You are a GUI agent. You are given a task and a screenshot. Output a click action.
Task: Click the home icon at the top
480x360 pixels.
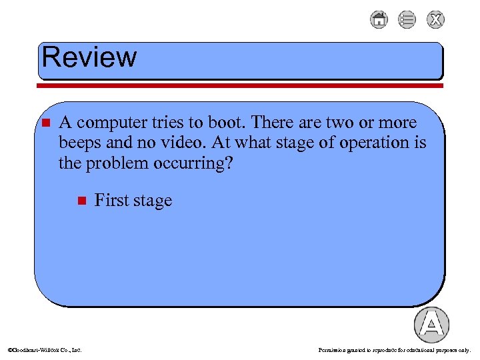click(379, 20)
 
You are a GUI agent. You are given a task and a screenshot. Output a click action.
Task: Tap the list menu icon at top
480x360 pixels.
click(407, 20)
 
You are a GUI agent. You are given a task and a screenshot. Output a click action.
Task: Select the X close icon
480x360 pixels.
click(435, 20)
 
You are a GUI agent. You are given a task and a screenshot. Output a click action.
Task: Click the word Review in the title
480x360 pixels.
click(89, 57)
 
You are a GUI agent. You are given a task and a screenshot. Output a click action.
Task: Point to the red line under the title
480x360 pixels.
click(240, 85)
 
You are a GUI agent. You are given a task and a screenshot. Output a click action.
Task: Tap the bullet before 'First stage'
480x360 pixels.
click(81, 200)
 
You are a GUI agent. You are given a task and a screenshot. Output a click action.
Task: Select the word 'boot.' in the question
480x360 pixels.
click(231, 123)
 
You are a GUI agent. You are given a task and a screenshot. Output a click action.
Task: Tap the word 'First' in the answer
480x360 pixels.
click(110, 200)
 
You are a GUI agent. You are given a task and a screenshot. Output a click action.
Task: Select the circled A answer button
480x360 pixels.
click(431, 325)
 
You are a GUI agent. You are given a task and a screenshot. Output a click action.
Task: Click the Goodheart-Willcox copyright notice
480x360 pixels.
click(44, 349)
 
